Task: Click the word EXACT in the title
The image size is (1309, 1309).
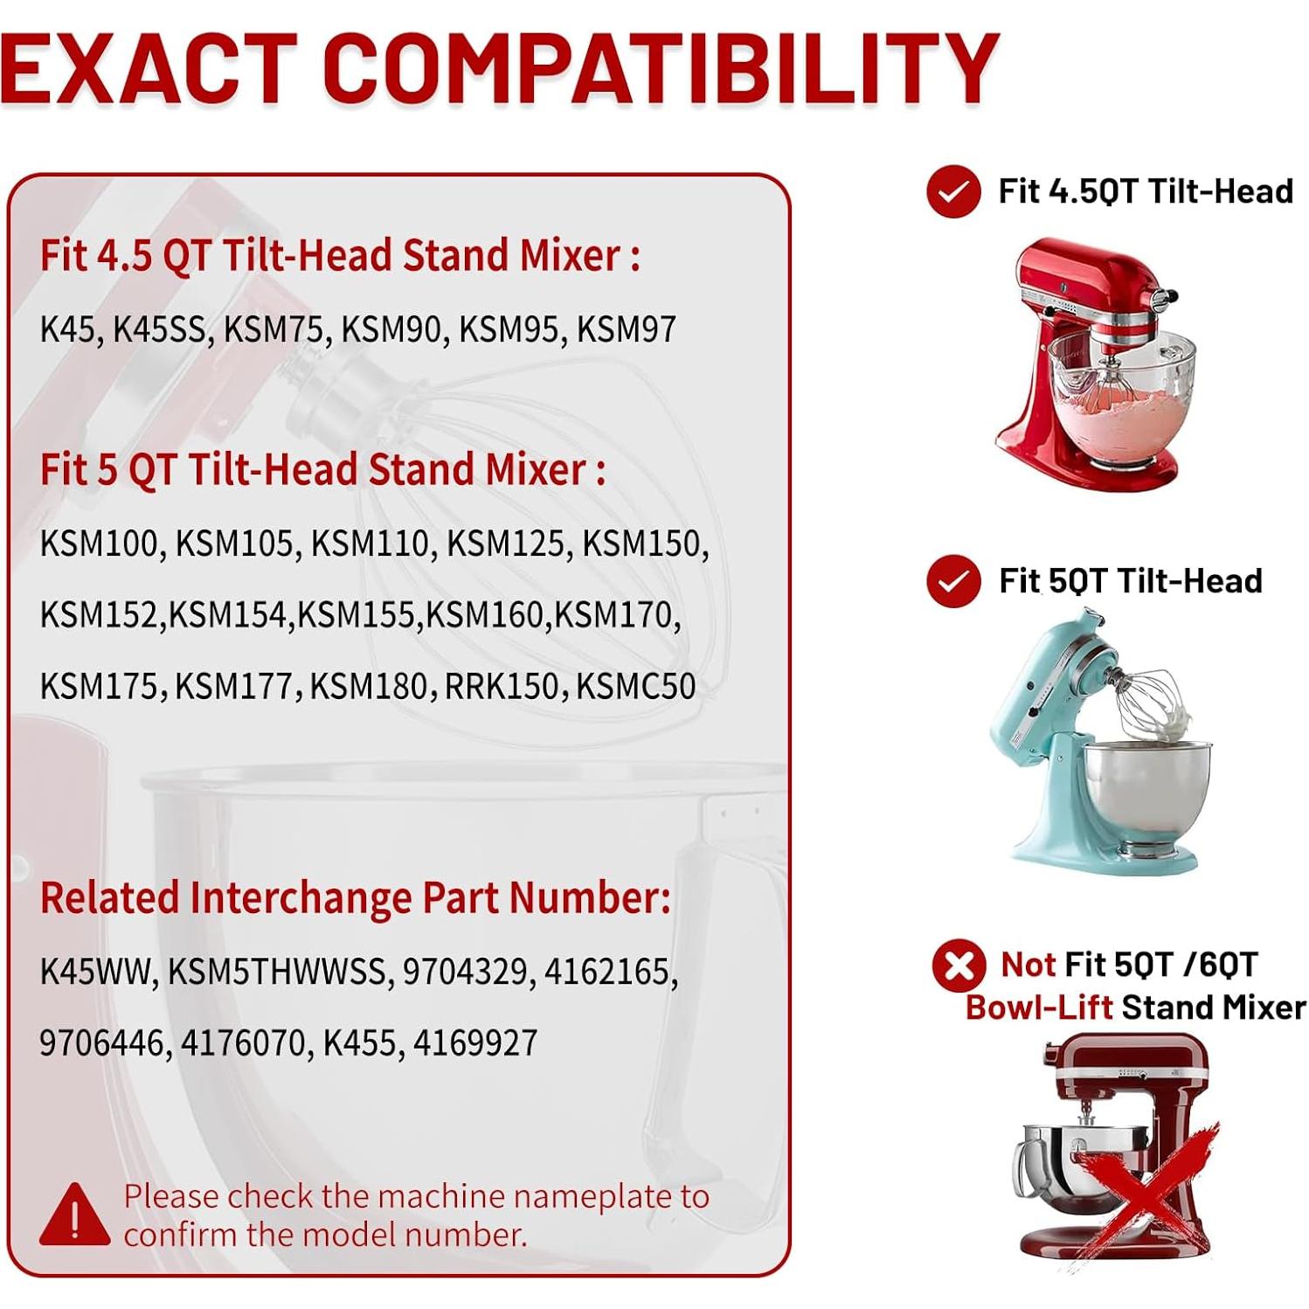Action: tap(149, 68)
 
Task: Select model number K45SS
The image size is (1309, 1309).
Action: tap(161, 329)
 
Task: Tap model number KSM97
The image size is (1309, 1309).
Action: tap(626, 329)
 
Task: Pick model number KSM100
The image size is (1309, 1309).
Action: tap(101, 544)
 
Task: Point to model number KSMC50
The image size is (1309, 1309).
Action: tap(635, 686)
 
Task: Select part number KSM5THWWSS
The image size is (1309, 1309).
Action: tap(277, 971)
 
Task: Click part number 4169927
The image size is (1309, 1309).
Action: tap(475, 1042)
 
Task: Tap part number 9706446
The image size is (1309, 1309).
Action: tap(105, 1042)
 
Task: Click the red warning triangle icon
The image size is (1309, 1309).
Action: tap(75, 1214)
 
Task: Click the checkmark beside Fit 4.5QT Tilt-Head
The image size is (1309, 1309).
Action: tap(953, 191)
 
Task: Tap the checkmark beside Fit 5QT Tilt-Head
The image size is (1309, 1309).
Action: tap(953, 581)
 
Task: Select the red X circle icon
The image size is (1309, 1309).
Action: tap(959, 966)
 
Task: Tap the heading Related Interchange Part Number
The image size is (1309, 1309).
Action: tap(356, 897)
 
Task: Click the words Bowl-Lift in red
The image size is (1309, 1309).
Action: tap(1038, 1008)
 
